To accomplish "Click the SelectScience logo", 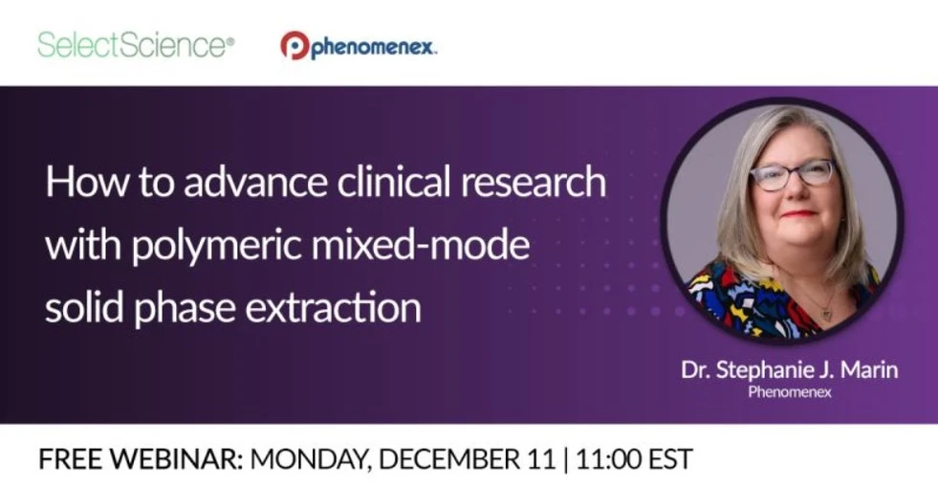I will tap(136, 44).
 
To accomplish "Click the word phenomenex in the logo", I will tap(373, 47).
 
